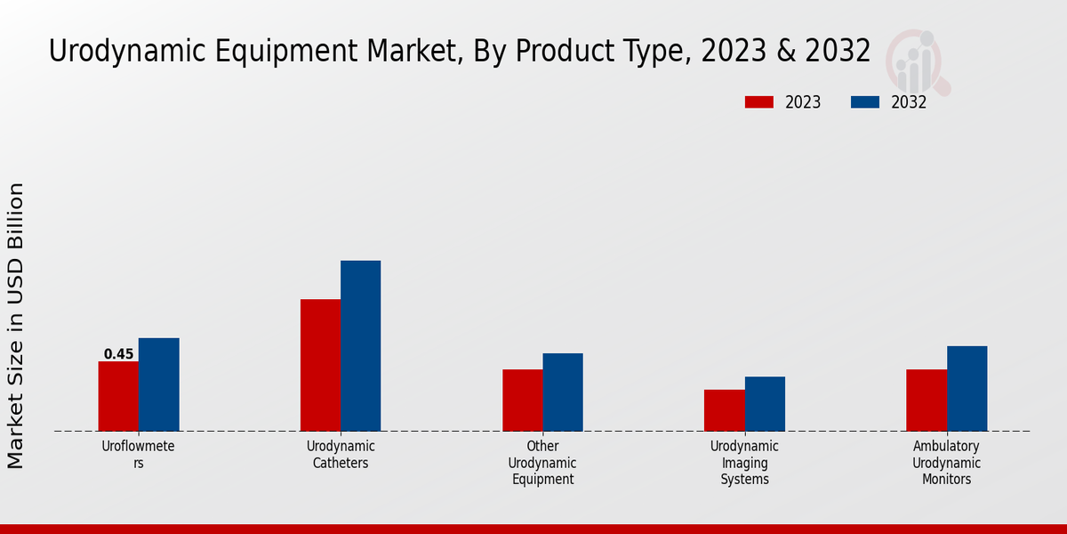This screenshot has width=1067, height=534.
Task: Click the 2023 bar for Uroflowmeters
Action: (x=118, y=396)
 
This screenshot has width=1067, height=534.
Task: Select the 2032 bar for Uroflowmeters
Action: (x=158, y=384)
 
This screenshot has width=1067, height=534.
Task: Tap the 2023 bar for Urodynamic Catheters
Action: (x=320, y=365)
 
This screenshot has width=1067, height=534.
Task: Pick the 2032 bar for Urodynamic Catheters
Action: (x=360, y=345)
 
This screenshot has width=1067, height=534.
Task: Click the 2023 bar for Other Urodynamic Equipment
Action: (x=522, y=400)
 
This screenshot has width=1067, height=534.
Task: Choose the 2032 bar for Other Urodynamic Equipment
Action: (x=563, y=392)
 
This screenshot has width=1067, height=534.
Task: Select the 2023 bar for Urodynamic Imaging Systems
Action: (x=724, y=410)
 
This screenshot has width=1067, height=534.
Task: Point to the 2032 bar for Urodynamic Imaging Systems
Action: (x=765, y=403)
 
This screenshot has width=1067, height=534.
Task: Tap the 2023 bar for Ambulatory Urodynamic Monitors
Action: (x=926, y=400)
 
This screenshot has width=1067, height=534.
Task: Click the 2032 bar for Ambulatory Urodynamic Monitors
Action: (x=967, y=388)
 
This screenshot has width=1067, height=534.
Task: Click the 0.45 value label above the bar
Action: (x=118, y=354)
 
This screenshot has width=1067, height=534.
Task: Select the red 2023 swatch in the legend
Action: (x=758, y=102)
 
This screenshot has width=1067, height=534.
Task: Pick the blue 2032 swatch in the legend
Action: (x=864, y=102)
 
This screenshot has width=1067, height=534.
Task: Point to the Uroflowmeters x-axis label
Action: (x=138, y=455)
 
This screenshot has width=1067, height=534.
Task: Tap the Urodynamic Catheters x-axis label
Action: (x=341, y=455)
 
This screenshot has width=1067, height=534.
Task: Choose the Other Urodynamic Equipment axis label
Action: (x=542, y=463)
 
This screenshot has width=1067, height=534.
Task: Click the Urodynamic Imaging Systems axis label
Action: (x=744, y=463)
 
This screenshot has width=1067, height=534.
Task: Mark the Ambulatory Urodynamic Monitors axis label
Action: (x=946, y=463)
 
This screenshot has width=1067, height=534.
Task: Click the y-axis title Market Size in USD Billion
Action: (x=16, y=326)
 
